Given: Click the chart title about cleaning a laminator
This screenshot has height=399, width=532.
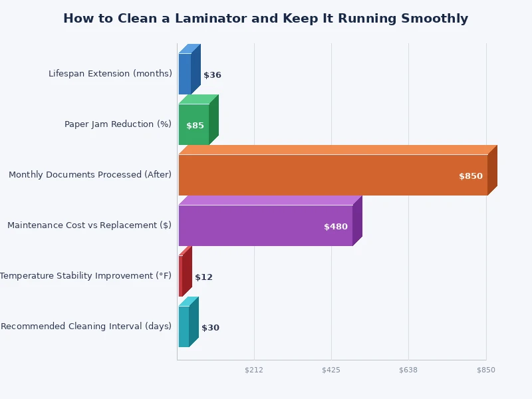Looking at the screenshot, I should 265,19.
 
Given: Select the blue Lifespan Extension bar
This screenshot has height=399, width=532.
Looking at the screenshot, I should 185,74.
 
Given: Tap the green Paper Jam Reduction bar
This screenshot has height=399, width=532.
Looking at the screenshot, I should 194,124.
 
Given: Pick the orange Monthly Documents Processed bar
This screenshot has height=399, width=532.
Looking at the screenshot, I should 332,175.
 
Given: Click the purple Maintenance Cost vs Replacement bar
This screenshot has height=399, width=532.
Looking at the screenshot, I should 265,225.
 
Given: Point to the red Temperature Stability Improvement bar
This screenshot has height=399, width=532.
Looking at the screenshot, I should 181,276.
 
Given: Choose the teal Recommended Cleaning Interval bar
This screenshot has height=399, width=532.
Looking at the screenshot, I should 184,327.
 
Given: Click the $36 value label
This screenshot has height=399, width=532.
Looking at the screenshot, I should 212,75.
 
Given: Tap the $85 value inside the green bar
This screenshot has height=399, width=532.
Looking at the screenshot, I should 195,126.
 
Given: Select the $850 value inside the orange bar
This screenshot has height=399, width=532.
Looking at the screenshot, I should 470,176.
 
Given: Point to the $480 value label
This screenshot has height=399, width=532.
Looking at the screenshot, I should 335,227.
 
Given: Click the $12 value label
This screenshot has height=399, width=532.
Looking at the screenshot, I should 203,277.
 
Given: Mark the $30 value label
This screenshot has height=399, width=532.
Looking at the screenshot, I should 210,328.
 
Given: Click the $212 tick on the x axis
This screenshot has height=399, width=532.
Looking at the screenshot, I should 254,370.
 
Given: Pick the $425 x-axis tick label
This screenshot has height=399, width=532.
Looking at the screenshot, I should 331,370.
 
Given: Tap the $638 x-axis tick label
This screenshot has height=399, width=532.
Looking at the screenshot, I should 408,370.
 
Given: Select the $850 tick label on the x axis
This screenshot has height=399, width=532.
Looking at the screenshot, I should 486,370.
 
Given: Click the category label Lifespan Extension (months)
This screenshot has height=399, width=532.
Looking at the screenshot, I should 110,74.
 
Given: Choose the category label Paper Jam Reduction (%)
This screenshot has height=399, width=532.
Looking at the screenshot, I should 118,124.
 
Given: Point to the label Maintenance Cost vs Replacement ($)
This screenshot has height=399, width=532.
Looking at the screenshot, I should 89,225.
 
